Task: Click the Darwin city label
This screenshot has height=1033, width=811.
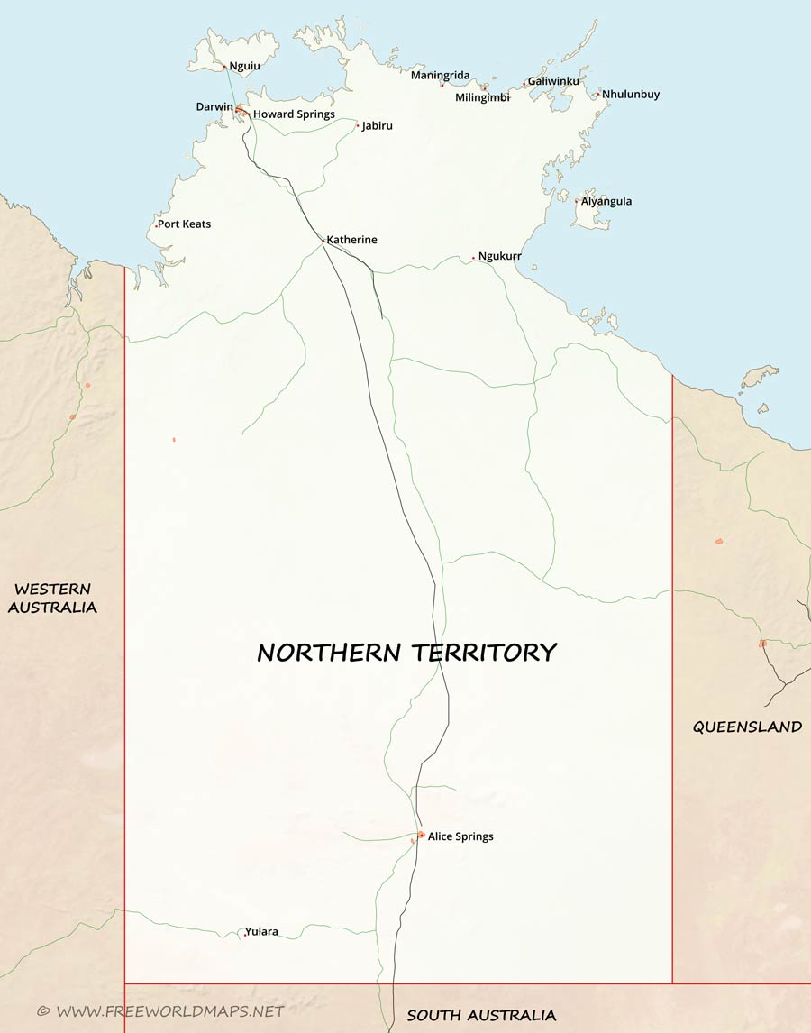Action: (x=214, y=107)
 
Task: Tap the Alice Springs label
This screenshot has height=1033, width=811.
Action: (x=460, y=836)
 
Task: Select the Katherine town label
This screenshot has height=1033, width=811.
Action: (x=351, y=240)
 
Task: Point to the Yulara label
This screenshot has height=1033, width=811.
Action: (x=261, y=931)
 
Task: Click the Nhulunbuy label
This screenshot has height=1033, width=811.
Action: (x=631, y=94)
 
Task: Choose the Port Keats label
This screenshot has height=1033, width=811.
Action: (x=184, y=224)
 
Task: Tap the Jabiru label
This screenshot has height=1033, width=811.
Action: (x=377, y=126)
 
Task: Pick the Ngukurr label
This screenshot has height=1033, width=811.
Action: (x=499, y=256)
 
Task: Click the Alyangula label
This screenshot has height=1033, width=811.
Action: (x=606, y=201)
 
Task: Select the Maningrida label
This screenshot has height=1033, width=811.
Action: (x=440, y=75)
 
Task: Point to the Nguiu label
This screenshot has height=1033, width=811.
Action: (x=244, y=66)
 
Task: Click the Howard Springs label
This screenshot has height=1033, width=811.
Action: (x=294, y=114)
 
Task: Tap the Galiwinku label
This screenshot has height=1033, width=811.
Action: (x=553, y=81)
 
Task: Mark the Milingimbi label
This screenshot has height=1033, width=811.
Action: (x=482, y=97)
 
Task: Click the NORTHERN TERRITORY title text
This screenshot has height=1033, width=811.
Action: (x=406, y=653)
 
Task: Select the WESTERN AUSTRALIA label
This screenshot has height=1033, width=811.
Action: (x=52, y=599)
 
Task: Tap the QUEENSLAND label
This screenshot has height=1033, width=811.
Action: (x=747, y=727)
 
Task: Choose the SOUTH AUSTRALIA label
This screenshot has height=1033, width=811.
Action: (x=481, y=1015)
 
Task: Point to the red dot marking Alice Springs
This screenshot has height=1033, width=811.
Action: (x=421, y=835)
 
